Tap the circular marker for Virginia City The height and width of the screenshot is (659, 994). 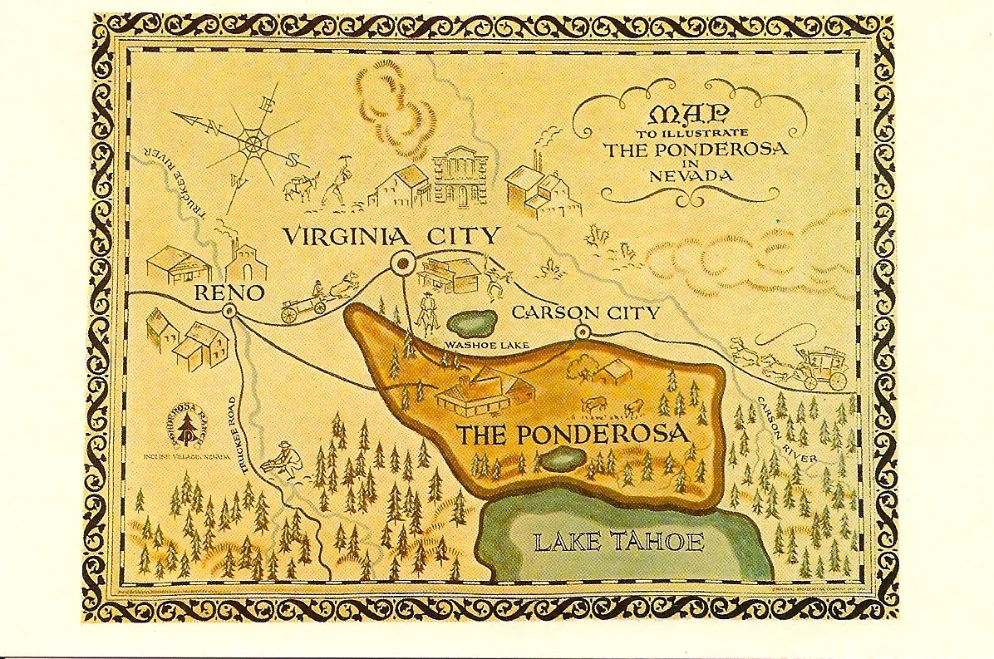click(403, 263)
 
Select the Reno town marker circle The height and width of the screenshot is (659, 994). click(229, 311)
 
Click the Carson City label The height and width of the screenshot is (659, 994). click(585, 312)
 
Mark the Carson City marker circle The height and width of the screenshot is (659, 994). click(582, 332)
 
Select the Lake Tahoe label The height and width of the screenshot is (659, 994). click(618, 543)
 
